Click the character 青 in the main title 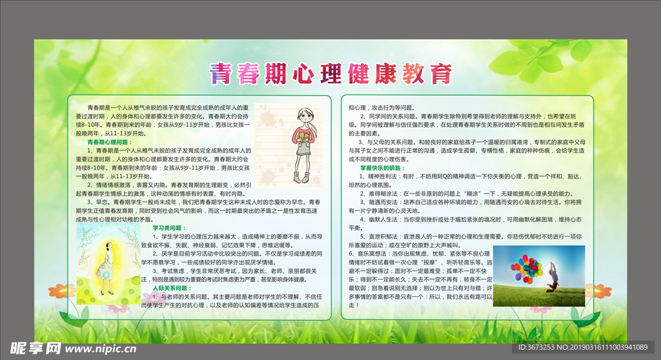click(x=220, y=74)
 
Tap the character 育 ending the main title click(x=440, y=74)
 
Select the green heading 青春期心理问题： click(x=108, y=141)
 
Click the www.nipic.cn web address click(x=101, y=348)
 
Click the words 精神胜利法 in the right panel click(x=384, y=175)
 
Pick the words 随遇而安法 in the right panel click(x=384, y=202)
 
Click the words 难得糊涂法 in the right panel click(x=384, y=193)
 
